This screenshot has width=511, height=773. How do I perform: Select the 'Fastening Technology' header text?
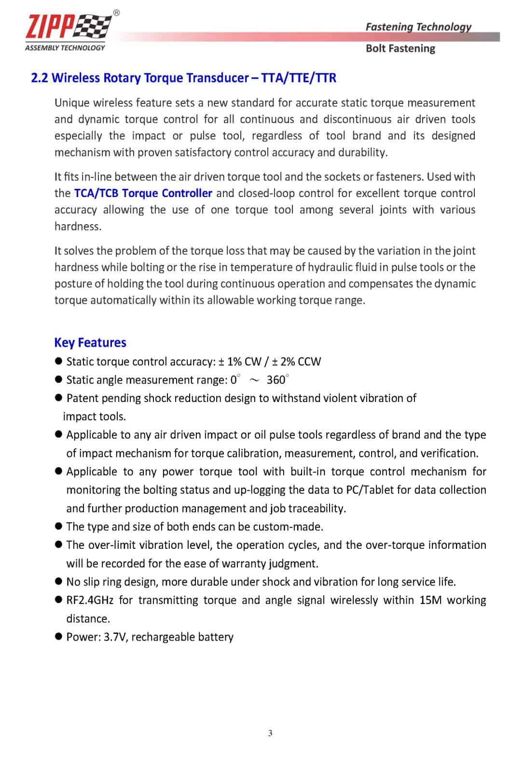pyautogui.click(x=418, y=27)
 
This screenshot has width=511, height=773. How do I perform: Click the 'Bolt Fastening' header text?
pyautogui.click(x=400, y=48)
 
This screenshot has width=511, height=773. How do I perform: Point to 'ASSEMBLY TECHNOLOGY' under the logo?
pyautogui.click(x=65, y=47)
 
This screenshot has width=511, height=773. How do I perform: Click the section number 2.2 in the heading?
pyautogui.click(x=39, y=78)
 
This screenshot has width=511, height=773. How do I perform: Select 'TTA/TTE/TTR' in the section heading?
pyautogui.click(x=298, y=78)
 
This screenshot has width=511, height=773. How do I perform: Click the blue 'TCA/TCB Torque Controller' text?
pyautogui.click(x=143, y=193)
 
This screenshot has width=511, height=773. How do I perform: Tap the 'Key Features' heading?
pyautogui.click(x=90, y=343)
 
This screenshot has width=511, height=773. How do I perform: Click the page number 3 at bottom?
pyautogui.click(x=270, y=733)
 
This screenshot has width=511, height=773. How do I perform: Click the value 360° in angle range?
pyautogui.click(x=277, y=380)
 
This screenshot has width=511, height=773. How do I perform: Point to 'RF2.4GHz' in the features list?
pyautogui.click(x=90, y=600)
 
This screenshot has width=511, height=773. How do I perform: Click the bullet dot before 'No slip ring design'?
pyautogui.click(x=59, y=581)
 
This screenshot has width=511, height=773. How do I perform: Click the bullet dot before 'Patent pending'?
pyautogui.click(x=59, y=398)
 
